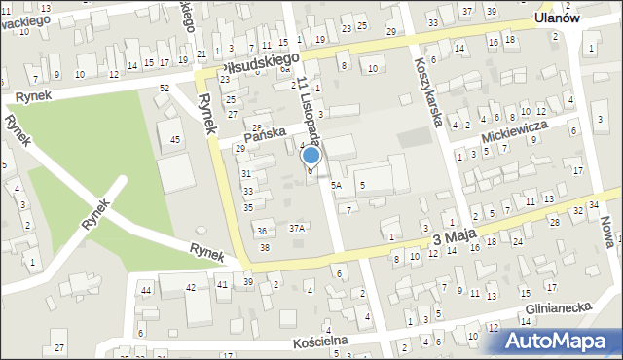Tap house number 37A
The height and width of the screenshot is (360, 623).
pyautogui.click(x=297, y=228)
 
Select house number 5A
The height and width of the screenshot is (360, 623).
pyautogui.click(x=337, y=184)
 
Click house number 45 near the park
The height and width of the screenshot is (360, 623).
pyautogui.click(x=175, y=140)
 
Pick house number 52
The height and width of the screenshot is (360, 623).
pyautogui.click(x=165, y=89)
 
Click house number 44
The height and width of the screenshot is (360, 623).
pyautogui.click(x=146, y=290)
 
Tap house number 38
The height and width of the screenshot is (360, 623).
pyautogui.click(x=265, y=248)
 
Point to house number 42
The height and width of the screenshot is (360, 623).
pyautogui.click(x=191, y=286)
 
